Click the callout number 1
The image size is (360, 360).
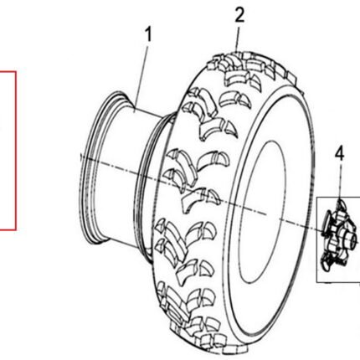coord(149,34)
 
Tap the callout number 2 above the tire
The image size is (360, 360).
coord(239,15)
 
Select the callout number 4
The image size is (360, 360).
coord(339,154)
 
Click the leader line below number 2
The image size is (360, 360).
coord(237,38)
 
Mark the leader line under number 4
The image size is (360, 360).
coord(340,181)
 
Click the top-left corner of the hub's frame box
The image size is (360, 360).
coord(316,198)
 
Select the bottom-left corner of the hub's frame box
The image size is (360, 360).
coord(316,282)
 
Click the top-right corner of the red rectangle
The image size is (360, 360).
coord(16,71)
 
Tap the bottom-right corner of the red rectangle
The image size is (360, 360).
coord(16,230)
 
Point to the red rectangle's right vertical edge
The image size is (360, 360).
coord(16,151)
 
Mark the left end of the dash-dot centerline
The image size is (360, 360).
coord(80,156)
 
